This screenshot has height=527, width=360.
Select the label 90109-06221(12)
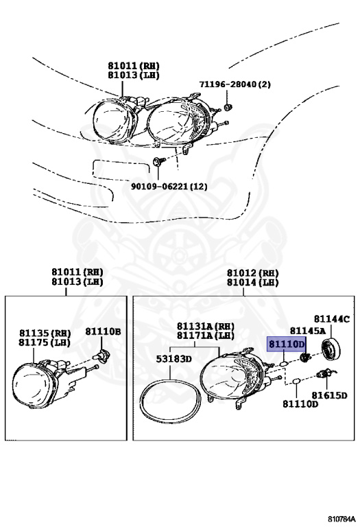pos(169,186)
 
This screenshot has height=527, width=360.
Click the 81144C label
pos(332,319)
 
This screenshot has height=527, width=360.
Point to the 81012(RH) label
pos(254,272)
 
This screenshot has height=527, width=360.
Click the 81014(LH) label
pos(254,281)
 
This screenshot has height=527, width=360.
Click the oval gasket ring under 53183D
pos(169,398)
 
